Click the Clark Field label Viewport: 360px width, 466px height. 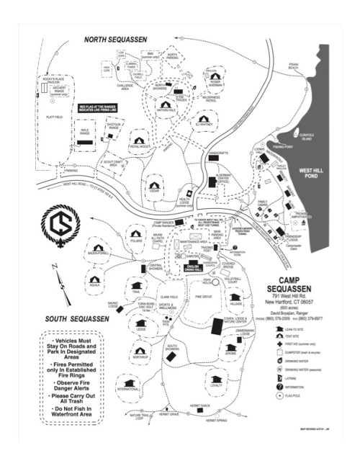tap(168, 295)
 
